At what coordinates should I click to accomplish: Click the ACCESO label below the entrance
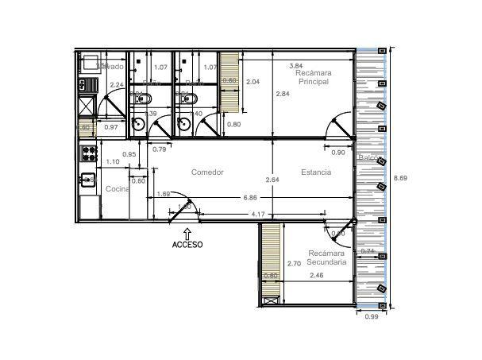pos(187,245)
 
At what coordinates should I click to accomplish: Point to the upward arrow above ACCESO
pos(187,233)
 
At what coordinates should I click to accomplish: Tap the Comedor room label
pos(207,172)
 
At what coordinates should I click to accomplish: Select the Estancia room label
pos(316,172)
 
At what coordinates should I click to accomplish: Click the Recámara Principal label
pos(314,77)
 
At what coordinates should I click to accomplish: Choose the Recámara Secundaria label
pos(326,257)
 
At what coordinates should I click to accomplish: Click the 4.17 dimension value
pos(257,215)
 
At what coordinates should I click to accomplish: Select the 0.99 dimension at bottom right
pos(371,317)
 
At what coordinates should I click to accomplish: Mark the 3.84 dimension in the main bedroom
pos(295,65)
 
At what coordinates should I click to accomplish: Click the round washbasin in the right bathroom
pos(183,124)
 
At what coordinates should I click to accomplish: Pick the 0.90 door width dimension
pos(337,153)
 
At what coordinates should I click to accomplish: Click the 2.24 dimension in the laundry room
pos(116,85)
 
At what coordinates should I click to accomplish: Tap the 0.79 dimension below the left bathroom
pos(160,149)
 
